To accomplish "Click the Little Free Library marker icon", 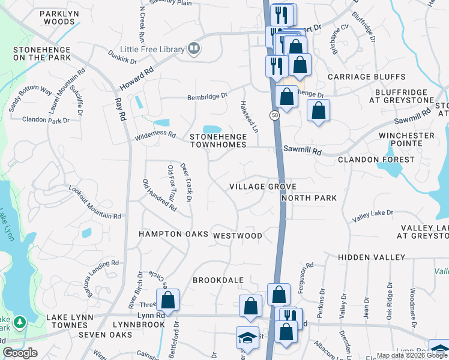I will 193,49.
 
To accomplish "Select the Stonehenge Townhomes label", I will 218,140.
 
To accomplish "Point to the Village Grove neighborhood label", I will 263,187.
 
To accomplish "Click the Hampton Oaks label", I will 173,234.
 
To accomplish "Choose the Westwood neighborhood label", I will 238,236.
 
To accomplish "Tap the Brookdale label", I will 218,280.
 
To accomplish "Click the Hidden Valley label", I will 372,257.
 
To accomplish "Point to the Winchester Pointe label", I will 406,140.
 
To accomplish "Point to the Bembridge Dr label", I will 208,96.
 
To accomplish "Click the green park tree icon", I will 20,323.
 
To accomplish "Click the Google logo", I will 20,353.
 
